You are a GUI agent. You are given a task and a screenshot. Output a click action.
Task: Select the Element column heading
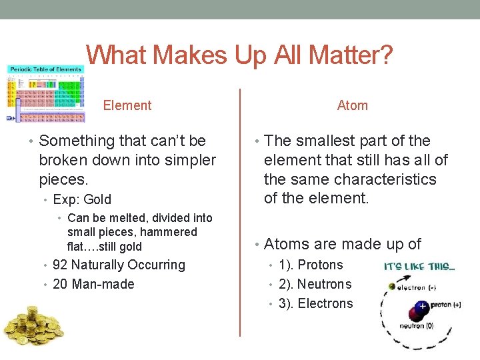[127, 105]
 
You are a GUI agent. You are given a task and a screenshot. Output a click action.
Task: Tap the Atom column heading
[352, 105]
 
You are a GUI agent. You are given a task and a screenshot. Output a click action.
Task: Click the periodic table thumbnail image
[45, 93]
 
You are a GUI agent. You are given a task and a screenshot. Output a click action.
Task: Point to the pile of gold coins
[33, 327]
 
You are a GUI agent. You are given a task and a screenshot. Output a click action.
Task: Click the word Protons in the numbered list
[320, 265]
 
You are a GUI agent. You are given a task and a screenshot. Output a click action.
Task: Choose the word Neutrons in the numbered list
[324, 284]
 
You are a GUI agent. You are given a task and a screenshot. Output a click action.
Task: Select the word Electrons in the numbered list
[325, 303]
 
